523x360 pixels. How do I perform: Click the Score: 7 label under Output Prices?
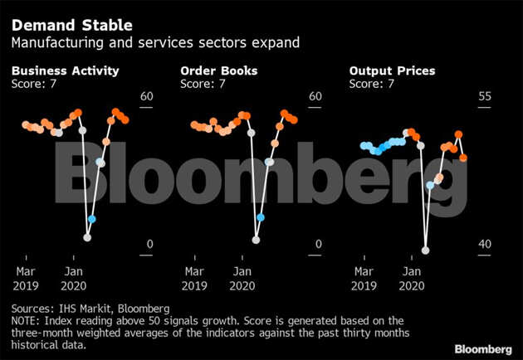[371, 84]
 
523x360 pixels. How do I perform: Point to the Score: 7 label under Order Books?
[203, 84]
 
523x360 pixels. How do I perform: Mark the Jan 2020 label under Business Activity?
[73, 278]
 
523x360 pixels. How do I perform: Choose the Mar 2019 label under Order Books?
[194, 278]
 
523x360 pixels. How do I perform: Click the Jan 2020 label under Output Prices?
[410, 278]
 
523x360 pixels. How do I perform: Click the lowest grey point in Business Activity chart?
[87, 237]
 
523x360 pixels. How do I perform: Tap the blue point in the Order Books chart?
[260, 217]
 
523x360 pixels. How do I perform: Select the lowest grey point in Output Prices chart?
[425, 250]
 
